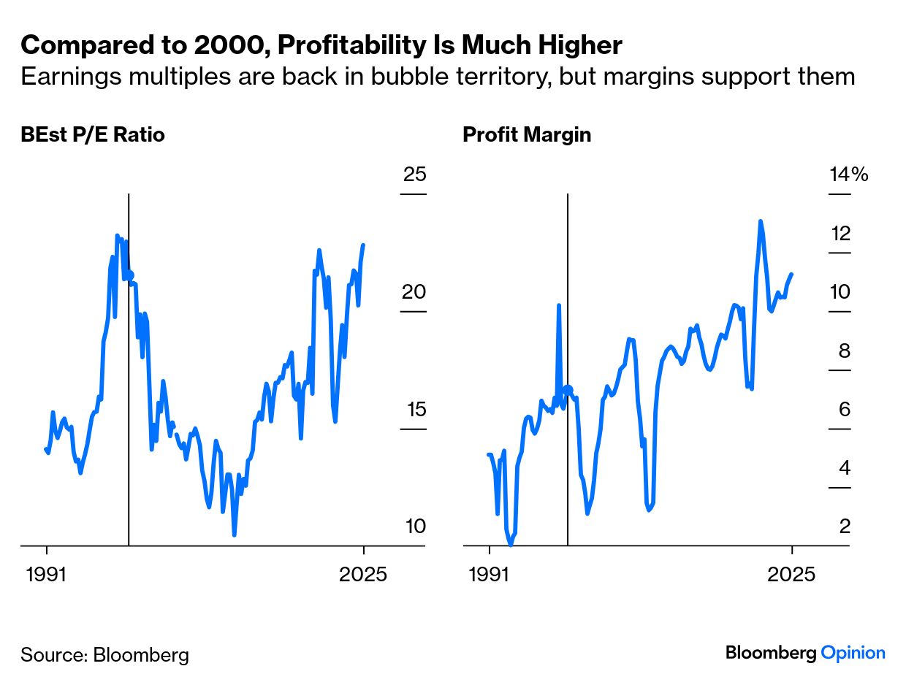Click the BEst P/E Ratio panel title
tap(93, 135)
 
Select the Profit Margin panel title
tap(526, 135)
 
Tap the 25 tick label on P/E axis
tap(414, 175)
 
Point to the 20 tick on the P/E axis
tap(414, 293)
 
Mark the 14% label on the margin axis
tap(848, 175)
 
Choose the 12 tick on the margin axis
tap(840, 234)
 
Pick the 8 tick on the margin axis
tap(845, 351)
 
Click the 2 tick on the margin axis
tap(845, 527)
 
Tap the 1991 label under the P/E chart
tap(47, 574)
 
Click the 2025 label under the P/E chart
tap(364, 574)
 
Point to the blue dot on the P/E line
tap(130, 276)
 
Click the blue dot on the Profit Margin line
tap(568, 390)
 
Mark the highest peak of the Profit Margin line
tap(760, 221)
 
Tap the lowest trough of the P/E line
tap(235, 535)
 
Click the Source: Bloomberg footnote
tap(104, 654)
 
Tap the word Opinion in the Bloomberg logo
tap(853, 653)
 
